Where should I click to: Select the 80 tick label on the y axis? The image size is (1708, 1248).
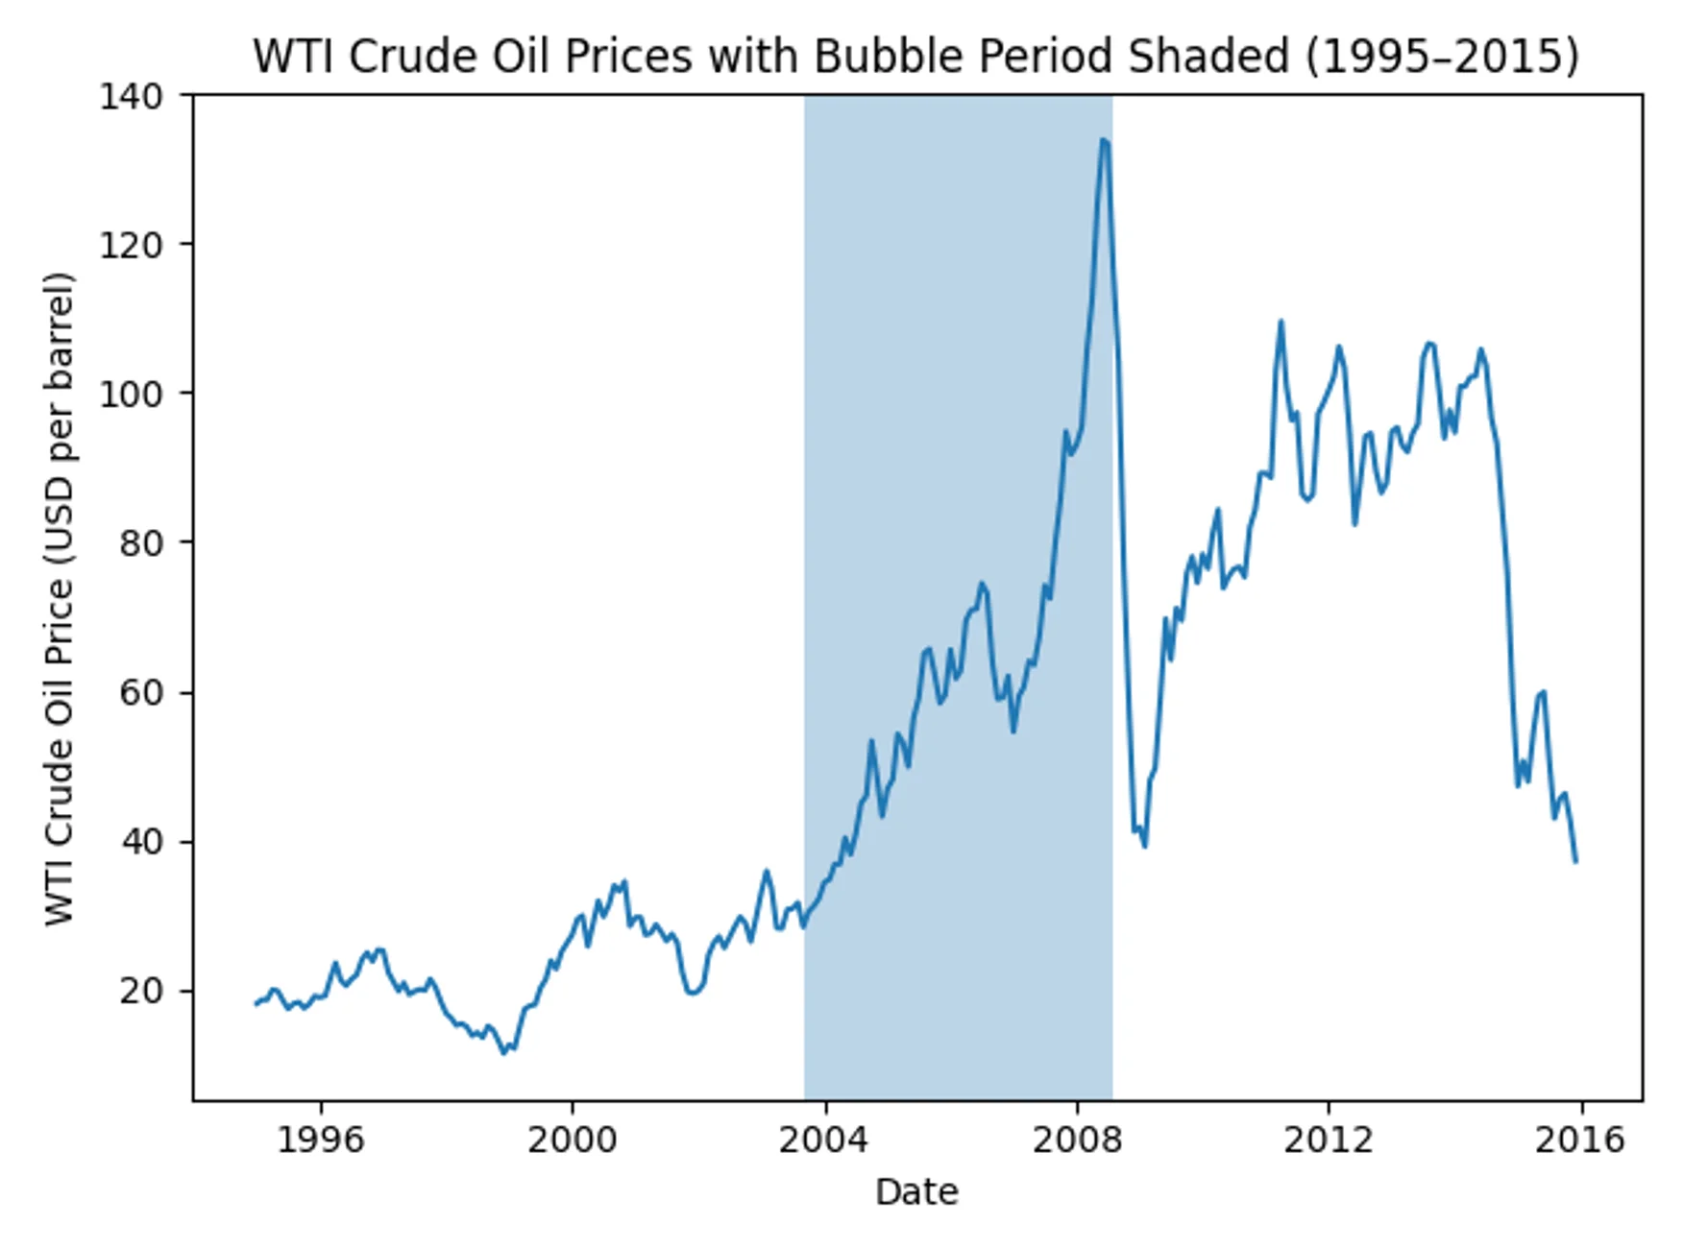141,543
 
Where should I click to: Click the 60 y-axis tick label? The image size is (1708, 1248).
141,692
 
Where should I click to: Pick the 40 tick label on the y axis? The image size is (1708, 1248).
141,842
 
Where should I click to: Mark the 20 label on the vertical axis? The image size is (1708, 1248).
141,991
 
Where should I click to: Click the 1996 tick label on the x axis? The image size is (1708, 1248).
321,1140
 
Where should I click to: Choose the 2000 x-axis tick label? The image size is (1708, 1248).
573,1140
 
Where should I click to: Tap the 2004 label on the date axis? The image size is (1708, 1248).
824,1140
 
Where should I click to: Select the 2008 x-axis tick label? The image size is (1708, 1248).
1077,1140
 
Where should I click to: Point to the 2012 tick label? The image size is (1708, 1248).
1329,1140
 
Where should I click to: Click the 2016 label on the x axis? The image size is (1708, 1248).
1580,1140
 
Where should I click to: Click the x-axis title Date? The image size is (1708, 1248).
916,1192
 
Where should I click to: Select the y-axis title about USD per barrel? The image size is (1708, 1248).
60,599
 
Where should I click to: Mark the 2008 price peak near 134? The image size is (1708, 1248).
1104,140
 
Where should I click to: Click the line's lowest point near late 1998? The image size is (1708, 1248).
503,1053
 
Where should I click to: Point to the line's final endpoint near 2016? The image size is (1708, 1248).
1575,861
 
